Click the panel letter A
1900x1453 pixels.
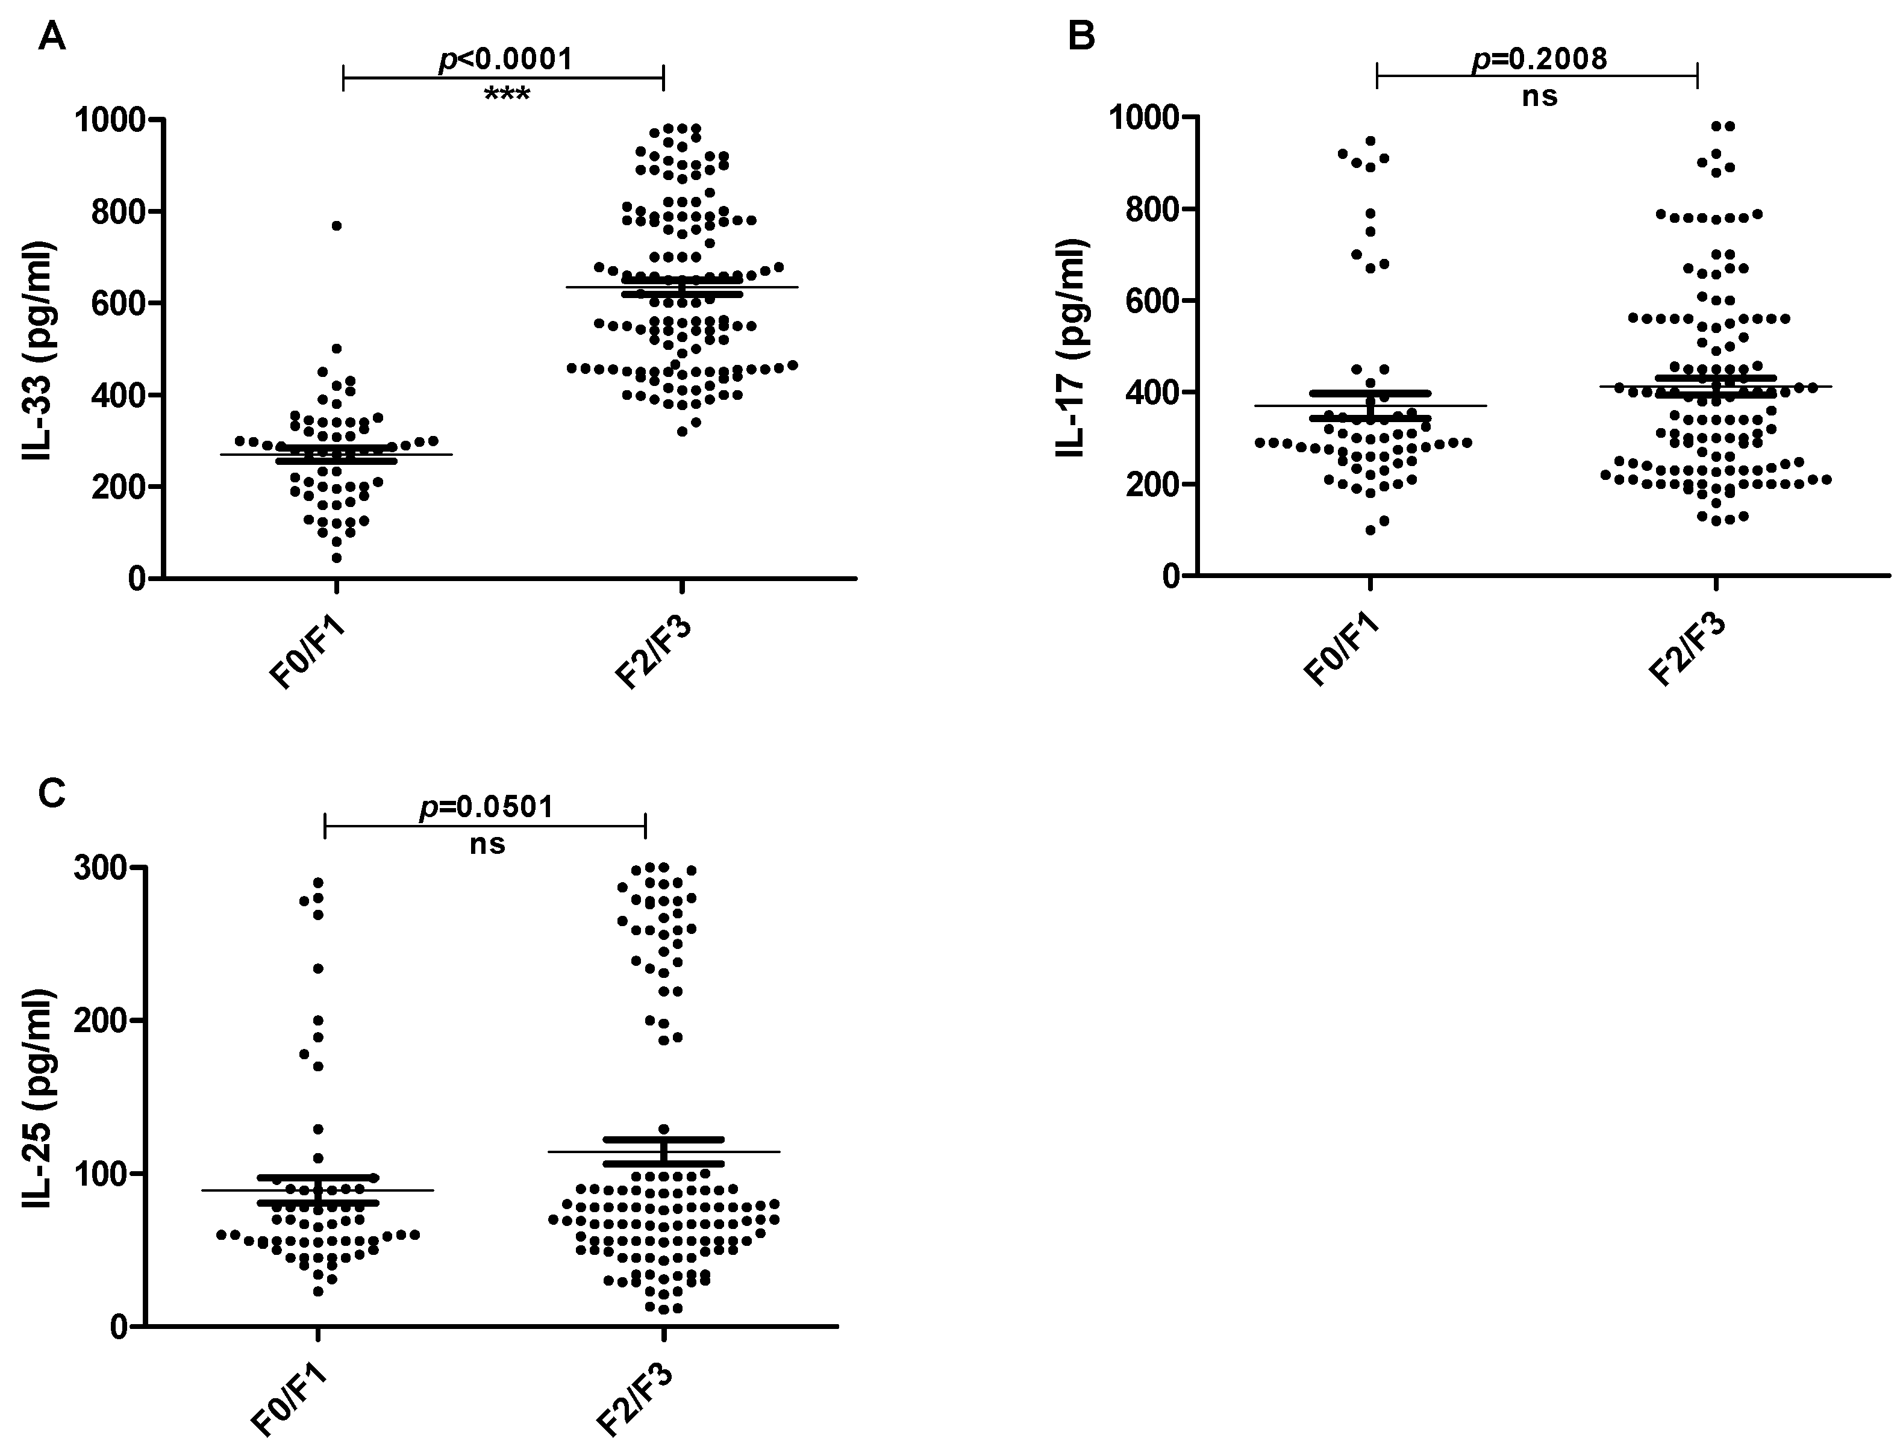(x=52, y=37)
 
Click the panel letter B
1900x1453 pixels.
(x=1081, y=37)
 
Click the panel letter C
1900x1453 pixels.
(x=52, y=791)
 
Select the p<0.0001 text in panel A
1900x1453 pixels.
(x=505, y=60)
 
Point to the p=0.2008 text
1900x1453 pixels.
(x=1539, y=58)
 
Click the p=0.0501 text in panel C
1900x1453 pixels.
(x=486, y=806)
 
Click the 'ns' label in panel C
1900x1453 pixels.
(x=487, y=844)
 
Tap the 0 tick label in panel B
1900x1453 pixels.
(x=1172, y=577)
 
